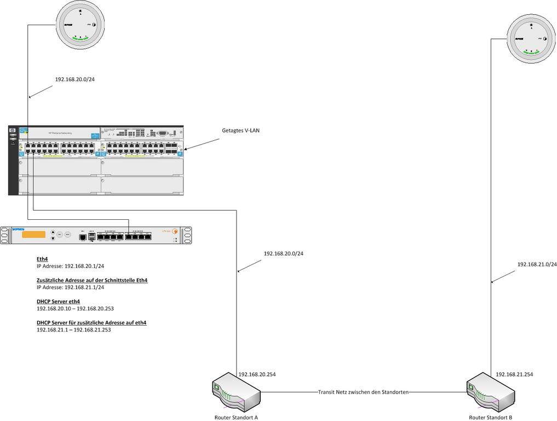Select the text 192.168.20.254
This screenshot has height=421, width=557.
coord(257,374)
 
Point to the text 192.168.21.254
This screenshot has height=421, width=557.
coord(514,374)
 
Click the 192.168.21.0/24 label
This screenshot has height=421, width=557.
coord(537,264)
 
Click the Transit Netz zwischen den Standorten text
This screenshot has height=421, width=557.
coord(363,392)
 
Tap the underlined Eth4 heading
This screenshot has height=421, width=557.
coord(42,259)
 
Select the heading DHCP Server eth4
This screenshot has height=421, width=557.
coord(58,301)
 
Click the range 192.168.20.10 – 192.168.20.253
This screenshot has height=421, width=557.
coord(75,309)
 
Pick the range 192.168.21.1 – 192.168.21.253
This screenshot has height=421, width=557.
coord(73,330)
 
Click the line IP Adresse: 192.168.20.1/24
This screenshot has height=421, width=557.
coord(70,266)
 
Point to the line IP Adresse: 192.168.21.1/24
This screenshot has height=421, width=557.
coord(70,287)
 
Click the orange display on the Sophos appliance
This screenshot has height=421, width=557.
coord(34,235)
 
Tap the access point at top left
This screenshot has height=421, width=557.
coord(80,25)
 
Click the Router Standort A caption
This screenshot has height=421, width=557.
coord(236,417)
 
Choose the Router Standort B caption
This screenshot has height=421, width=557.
coord(491,417)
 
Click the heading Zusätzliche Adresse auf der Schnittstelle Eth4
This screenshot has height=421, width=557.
coord(92,280)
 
